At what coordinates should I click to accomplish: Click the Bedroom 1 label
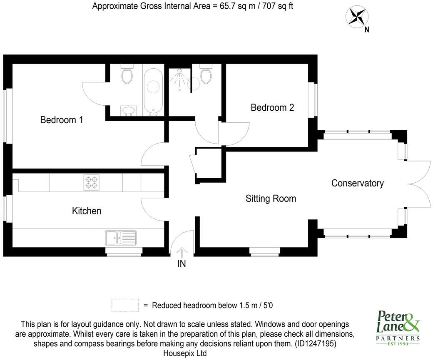coord(62,120)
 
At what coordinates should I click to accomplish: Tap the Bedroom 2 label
coord(272,107)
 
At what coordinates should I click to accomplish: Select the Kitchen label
coord(87,211)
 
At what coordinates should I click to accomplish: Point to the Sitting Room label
coord(271,199)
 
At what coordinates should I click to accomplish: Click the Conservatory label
coord(357,183)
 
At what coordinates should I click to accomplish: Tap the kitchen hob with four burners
coord(92,182)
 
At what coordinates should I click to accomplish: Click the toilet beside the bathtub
coord(127,74)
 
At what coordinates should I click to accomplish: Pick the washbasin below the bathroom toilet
coord(128,110)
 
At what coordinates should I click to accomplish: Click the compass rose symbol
coord(356,17)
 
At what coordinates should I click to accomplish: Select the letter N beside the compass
coord(367,30)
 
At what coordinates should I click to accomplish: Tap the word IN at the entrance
coord(182,264)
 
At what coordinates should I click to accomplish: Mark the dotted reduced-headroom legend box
coord(125,305)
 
